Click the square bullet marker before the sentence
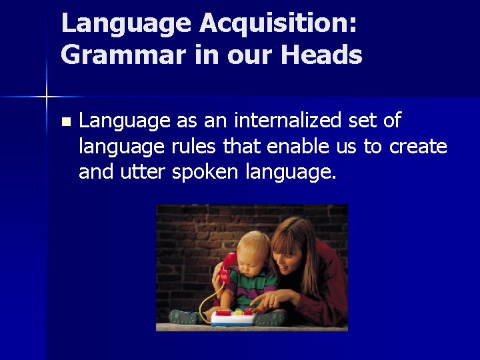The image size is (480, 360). [x=65, y=122]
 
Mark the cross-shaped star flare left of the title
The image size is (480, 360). [x=47, y=97]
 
